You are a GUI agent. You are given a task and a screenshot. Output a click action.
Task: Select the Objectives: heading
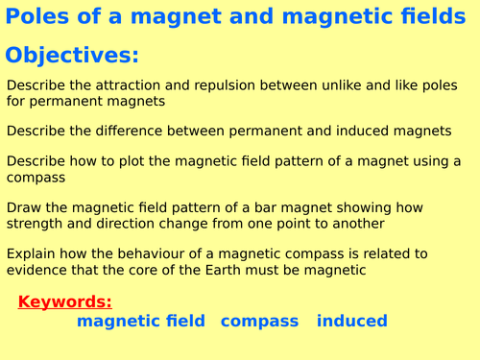click(72, 55)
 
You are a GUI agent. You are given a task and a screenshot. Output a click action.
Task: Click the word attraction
click(132, 85)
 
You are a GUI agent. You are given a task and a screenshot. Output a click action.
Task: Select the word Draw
click(25, 206)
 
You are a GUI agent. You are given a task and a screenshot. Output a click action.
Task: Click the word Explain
click(34, 253)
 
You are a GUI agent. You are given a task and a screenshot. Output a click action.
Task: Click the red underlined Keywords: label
click(64, 301)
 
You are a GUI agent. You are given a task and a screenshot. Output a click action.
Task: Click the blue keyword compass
click(260, 321)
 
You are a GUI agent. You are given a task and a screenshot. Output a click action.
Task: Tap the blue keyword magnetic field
click(140, 321)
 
